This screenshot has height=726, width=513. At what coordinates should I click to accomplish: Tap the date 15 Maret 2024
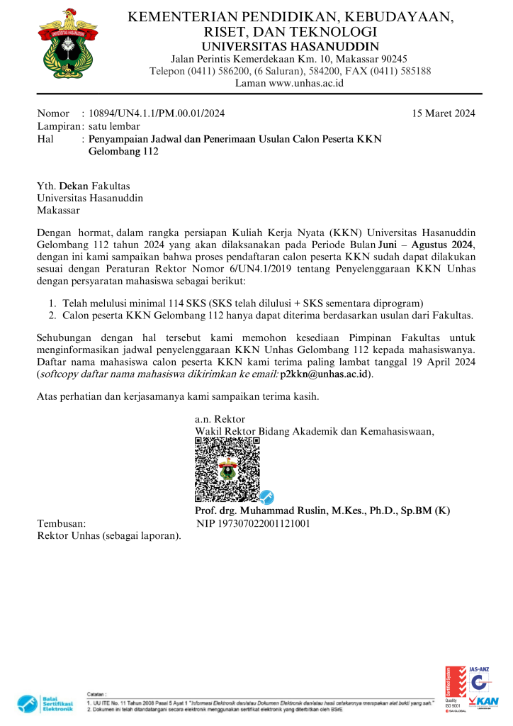pos(444,113)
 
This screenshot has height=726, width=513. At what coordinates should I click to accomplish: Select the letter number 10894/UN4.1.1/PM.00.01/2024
pos(157,113)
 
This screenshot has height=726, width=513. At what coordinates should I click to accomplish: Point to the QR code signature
pos(227,469)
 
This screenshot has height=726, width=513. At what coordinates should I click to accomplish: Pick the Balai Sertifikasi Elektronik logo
pos(45,704)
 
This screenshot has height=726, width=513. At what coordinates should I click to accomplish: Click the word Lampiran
pos(57,126)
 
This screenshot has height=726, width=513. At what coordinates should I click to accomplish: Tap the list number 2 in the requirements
pos(52,315)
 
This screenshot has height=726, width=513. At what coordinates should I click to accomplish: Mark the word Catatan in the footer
pos(96,695)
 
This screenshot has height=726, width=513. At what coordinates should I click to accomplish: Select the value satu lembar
pos(114,126)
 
